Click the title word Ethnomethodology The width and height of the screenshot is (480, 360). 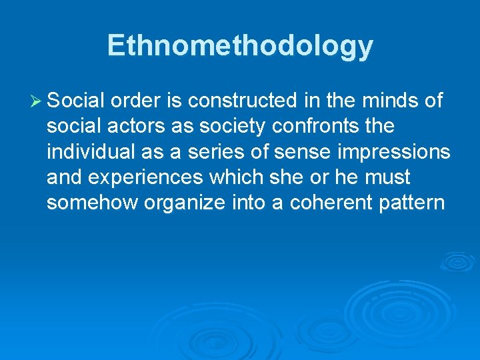point(240,46)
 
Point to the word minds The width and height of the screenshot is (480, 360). point(393,101)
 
